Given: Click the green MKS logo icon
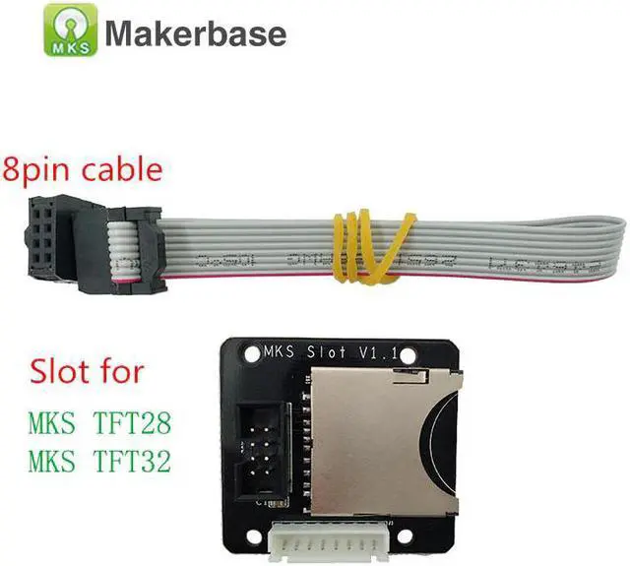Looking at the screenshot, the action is [x=69, y=30].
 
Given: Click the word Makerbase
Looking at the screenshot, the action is [x=195, y=33].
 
